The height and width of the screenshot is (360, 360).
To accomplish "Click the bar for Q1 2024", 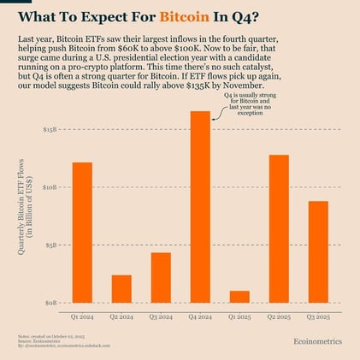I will click(x=82, y=232).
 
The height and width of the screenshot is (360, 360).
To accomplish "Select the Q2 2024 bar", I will click(x=121, y=288).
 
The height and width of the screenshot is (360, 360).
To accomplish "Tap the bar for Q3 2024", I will click(x=161, y=277).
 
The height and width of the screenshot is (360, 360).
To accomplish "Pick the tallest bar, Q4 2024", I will click(x=200, y=206).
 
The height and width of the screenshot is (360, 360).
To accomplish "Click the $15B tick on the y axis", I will click(x=50, y=129).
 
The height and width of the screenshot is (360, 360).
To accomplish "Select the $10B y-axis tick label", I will click(x=50, y=186).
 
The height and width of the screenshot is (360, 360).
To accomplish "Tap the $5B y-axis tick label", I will click(x=51, y=245).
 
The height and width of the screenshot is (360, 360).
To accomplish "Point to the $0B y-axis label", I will click(x=51, y=303).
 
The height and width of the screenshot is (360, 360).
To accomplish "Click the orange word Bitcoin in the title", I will click(x=184, y=17).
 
